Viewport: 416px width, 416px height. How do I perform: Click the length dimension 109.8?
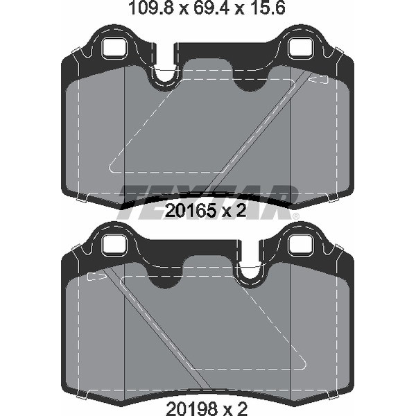pos(148,10)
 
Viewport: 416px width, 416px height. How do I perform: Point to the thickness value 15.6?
pos(266,10)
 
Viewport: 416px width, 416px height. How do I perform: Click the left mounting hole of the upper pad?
pos(114,49)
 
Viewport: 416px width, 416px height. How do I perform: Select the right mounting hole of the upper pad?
pos(301,49)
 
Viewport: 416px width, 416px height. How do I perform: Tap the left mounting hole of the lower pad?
pos(114,245)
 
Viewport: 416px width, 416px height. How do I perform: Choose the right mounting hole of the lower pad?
pos(301,245)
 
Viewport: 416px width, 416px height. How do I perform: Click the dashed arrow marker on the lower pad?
pos(96,277)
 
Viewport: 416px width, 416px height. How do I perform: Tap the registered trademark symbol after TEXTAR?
pos(296,216)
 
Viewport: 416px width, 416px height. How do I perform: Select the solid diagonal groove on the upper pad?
pos(257,132)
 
